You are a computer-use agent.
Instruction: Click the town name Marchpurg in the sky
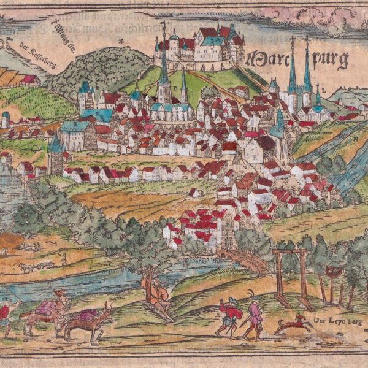297,59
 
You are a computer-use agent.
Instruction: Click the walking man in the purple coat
252,316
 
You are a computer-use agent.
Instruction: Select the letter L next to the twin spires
318,86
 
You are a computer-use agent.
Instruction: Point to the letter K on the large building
254,158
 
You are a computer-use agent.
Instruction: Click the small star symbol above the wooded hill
121,41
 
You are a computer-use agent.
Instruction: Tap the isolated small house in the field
195,193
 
